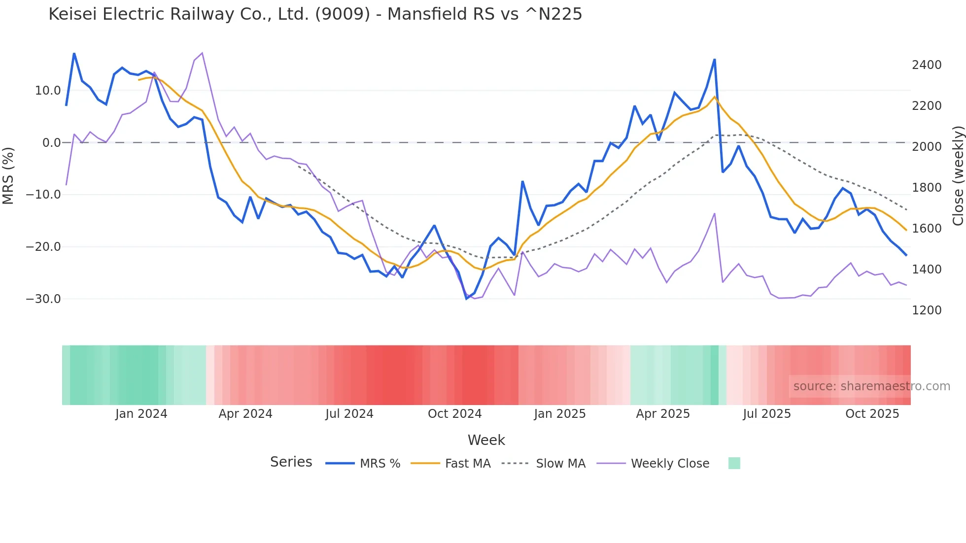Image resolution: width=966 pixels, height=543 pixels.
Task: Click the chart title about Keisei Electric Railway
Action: pos(315,14)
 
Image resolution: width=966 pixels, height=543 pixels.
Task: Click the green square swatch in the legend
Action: pos(734,463)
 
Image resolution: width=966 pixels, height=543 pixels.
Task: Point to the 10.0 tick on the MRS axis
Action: pos(48,91)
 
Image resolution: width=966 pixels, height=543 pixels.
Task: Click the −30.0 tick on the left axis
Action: pos(43,299)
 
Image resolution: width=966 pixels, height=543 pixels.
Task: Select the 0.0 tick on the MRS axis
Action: pos(52,143)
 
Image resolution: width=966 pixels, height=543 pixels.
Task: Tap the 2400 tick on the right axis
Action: pos(927,65)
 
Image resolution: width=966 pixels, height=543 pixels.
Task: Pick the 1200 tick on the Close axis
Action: pos(927,310)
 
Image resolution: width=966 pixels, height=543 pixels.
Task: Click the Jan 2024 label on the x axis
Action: pos(141,414)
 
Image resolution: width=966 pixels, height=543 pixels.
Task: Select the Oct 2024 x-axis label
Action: pos(454,414)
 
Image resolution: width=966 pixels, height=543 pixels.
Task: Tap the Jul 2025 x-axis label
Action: pos(766,414)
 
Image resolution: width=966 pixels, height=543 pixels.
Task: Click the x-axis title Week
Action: pos(486,440)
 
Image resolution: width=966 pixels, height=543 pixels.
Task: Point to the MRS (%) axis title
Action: pos(8,175)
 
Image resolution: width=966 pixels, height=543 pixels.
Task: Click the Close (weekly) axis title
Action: pos(958,175)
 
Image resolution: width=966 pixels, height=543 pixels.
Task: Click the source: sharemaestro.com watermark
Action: pos(871,386)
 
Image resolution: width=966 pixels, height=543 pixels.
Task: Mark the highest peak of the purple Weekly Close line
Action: pos(202,53)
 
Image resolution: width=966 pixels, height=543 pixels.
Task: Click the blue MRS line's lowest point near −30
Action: pos(467,299)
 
